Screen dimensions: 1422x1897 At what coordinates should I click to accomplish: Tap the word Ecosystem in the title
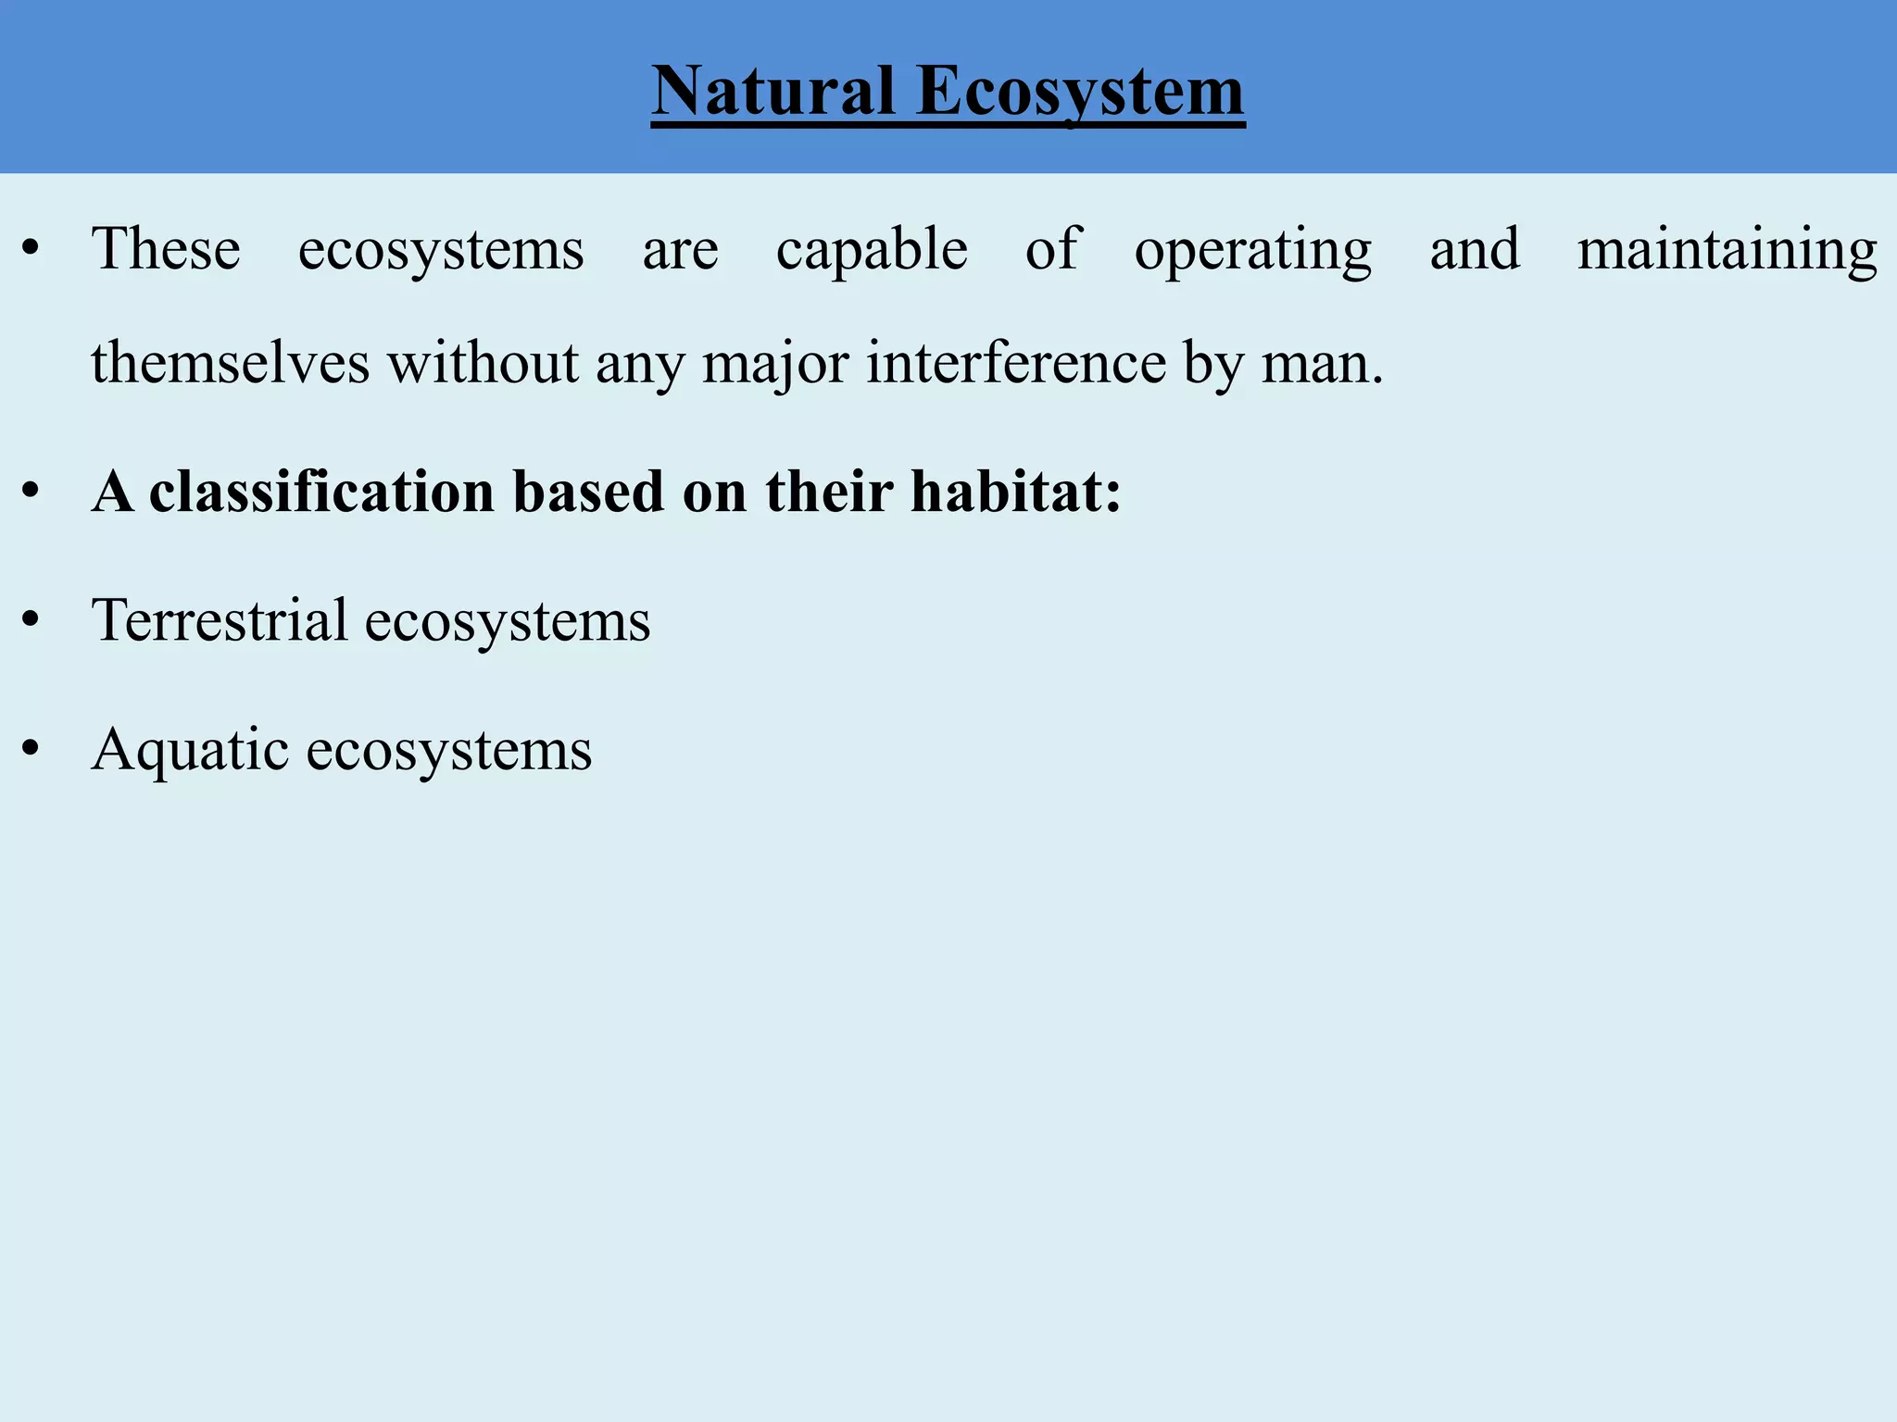click(x=1081, y=93)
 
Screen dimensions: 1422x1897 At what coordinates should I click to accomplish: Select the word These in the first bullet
click(x=166, y=249)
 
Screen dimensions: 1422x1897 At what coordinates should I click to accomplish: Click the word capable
click(x=872, y=250)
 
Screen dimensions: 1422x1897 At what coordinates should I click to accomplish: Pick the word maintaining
click(x=1727, y=250)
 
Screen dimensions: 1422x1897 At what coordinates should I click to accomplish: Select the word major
click(x=775, y=364)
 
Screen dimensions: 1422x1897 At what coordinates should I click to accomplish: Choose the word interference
click(x=1016, y=362)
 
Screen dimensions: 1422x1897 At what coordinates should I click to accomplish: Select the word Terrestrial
click(x=220, y=619)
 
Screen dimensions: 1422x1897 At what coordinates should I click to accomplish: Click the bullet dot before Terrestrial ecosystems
click(x=31, y=621)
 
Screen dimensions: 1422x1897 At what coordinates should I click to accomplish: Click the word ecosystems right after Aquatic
click(x=449, y=750)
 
